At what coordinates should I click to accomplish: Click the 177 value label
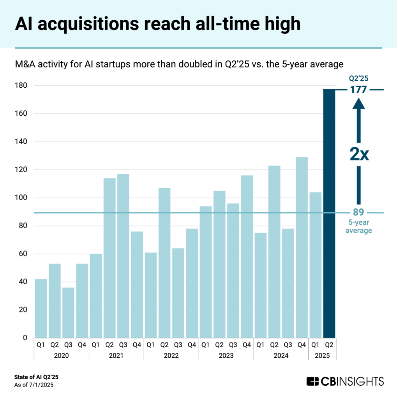pos(358,90)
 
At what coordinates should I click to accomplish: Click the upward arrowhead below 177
pos(358,103)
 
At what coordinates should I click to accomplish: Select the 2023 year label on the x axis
pos(226,356)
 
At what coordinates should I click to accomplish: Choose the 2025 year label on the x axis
pos(322,356)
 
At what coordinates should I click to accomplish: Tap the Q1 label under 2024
pos(260,344)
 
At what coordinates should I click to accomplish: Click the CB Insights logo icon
pos(313,381)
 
